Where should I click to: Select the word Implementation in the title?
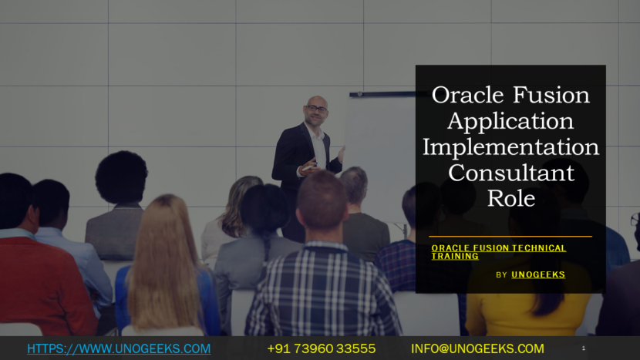[510, 146]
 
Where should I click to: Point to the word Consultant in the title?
[510, 172]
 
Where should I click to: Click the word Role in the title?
[510, 197]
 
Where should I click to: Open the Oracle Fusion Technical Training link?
[498, 252]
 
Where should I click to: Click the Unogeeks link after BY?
[538, 274]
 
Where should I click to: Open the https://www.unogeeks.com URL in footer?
[119, 348]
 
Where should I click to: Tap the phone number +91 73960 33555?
[321, 348]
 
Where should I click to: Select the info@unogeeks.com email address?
[477, 348]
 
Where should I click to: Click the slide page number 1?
[583, 348]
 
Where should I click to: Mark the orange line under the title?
[510, 237]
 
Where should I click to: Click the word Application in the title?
[510, 121]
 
